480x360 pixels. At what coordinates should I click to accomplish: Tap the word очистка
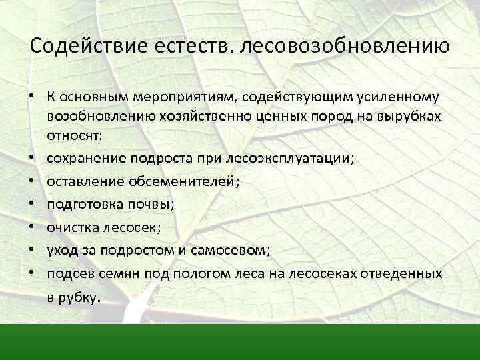pyautogui.click(x=71, y=228)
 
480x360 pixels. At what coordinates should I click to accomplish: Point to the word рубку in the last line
pyautogui.click(x=80, y=297)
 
